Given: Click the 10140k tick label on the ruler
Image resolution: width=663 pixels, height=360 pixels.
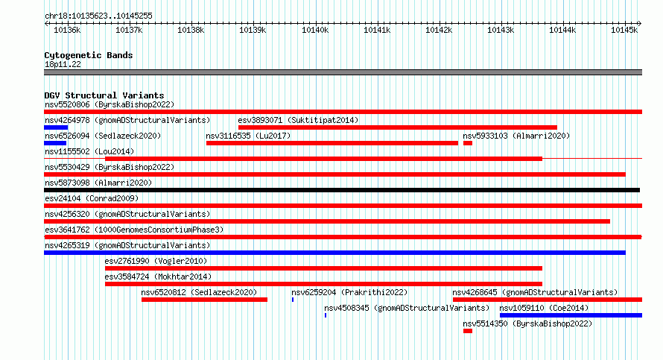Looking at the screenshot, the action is [x=315, y=30].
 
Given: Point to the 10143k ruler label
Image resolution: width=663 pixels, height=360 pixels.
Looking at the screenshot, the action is [x=501, y=30].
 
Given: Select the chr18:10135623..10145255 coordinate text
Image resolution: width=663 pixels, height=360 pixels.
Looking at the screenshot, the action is [x=98, y=16].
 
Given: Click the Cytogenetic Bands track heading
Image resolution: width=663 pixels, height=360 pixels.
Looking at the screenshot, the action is [x=89, y=55].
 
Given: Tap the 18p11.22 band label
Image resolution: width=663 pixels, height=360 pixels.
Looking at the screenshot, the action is [x=63, y=64].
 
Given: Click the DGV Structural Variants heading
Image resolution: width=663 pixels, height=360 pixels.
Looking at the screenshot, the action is [x=104, y=95].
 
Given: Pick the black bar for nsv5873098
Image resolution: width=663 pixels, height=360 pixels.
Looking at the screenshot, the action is [x=342, y=190].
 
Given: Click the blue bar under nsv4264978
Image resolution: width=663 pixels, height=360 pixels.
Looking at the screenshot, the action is [x=56, y=127].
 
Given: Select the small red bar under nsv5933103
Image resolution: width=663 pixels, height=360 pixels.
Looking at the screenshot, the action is [x=468, y=143].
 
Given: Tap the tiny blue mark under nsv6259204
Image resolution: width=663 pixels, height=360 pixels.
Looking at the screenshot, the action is [x=293, y=300].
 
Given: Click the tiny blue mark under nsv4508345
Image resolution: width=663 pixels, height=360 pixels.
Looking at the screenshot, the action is [x=326, y=315].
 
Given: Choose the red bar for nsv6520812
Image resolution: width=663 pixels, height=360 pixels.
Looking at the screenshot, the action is [x=204, y=300].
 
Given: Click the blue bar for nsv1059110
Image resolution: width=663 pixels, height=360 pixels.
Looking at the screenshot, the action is [x=571, y=315].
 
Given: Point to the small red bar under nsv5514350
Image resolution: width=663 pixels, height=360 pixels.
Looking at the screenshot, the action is [x=468, y=331].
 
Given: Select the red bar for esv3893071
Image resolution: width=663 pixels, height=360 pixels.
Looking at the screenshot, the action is [x=398, y=127].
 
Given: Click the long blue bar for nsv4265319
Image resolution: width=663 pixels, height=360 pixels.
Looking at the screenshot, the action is [x=335, y=253].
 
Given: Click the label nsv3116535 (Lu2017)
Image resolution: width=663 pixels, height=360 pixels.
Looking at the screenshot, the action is [x=248, y=136].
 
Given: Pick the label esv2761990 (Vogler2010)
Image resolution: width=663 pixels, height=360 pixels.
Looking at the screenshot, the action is [x=156, y=261].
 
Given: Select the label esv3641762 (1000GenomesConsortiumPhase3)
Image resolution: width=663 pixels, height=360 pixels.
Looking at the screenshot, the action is [x=134, y=230].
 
